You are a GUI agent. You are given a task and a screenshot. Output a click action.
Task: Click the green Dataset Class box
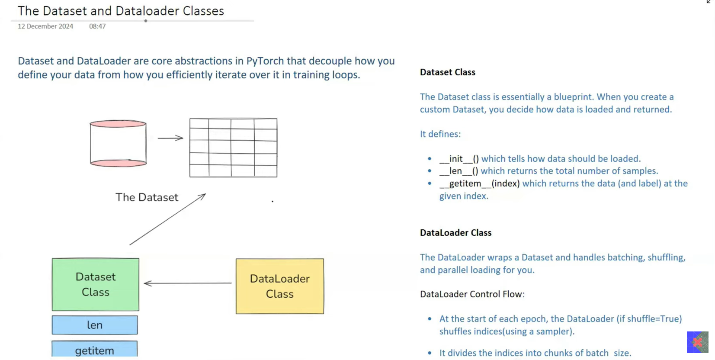click(x=96, y=284)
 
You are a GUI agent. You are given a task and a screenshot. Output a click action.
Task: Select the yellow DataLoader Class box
click(x=280, y=286)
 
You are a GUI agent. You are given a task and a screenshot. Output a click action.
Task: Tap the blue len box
click(x=95, y=325)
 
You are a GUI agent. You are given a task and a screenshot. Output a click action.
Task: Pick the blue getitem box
click(x=95, y=350)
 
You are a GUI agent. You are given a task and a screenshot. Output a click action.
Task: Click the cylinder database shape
click(x=118, y=144)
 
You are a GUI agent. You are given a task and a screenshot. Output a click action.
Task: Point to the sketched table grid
click(x=233, y=148)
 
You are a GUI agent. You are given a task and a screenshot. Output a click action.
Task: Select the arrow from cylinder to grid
click(x=170, y=138)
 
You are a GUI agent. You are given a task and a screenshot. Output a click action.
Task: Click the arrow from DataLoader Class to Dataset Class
click(x=188, y=283)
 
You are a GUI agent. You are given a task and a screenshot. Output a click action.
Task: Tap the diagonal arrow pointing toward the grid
click(x=167, y=219)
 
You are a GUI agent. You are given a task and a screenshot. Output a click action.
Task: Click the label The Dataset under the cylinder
click(x=147, y=197)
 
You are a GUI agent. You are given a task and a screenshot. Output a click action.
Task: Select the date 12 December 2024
click(x=45, y=26)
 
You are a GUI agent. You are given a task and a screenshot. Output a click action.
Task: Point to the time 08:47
click(x=97, y=26)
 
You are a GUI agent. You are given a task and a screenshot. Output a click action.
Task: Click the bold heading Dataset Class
click(x=448, y=72)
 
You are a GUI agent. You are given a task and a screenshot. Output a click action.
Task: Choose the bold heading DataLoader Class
click(x=455, y=233)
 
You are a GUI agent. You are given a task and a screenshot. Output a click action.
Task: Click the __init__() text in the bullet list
click(x=459, y=159)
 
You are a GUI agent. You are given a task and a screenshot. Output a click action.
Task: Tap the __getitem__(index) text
click(x=479, y=183)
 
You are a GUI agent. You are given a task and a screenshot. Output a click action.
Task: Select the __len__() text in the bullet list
click(x=458, y=171)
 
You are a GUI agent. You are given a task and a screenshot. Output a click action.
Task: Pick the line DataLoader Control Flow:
click(x=472, y=294)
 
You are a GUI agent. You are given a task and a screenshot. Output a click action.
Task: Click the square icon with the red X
click(x=697, y=342)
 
